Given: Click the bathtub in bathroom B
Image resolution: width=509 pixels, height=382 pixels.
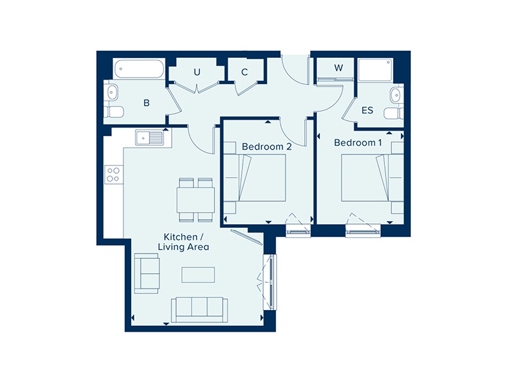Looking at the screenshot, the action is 139,69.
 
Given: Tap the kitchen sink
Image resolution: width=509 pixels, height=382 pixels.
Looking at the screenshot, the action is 150,138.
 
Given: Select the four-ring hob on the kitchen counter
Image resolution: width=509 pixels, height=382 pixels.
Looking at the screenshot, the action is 113,174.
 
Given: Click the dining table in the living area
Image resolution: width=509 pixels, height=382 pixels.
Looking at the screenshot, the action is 195,200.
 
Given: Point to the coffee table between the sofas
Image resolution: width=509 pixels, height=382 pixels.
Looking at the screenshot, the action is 198,275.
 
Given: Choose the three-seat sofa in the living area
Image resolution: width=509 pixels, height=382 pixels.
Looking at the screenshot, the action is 199,310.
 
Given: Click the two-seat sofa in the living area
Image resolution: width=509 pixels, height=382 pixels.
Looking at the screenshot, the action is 147,274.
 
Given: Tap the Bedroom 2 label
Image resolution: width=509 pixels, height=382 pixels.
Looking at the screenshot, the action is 267,147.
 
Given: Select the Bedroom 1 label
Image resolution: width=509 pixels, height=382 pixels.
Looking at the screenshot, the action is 358,143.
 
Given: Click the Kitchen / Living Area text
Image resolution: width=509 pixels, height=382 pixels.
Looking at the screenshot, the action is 183,242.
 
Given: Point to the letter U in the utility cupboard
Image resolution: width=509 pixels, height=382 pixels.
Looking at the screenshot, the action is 197,72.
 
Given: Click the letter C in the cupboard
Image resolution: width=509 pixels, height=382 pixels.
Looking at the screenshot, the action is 244,72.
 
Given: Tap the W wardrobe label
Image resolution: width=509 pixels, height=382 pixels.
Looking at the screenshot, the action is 338,68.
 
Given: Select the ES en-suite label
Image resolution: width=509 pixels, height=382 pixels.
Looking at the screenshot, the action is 368,110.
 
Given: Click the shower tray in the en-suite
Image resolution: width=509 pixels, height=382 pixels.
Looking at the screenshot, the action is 375,70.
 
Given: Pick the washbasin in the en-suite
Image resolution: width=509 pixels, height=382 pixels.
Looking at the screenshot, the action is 396,95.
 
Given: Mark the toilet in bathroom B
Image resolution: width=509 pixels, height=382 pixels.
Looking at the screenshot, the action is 114,112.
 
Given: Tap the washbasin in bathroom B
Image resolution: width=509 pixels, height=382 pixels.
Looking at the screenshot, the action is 112,92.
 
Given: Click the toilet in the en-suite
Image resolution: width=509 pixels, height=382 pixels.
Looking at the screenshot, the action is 393,114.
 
